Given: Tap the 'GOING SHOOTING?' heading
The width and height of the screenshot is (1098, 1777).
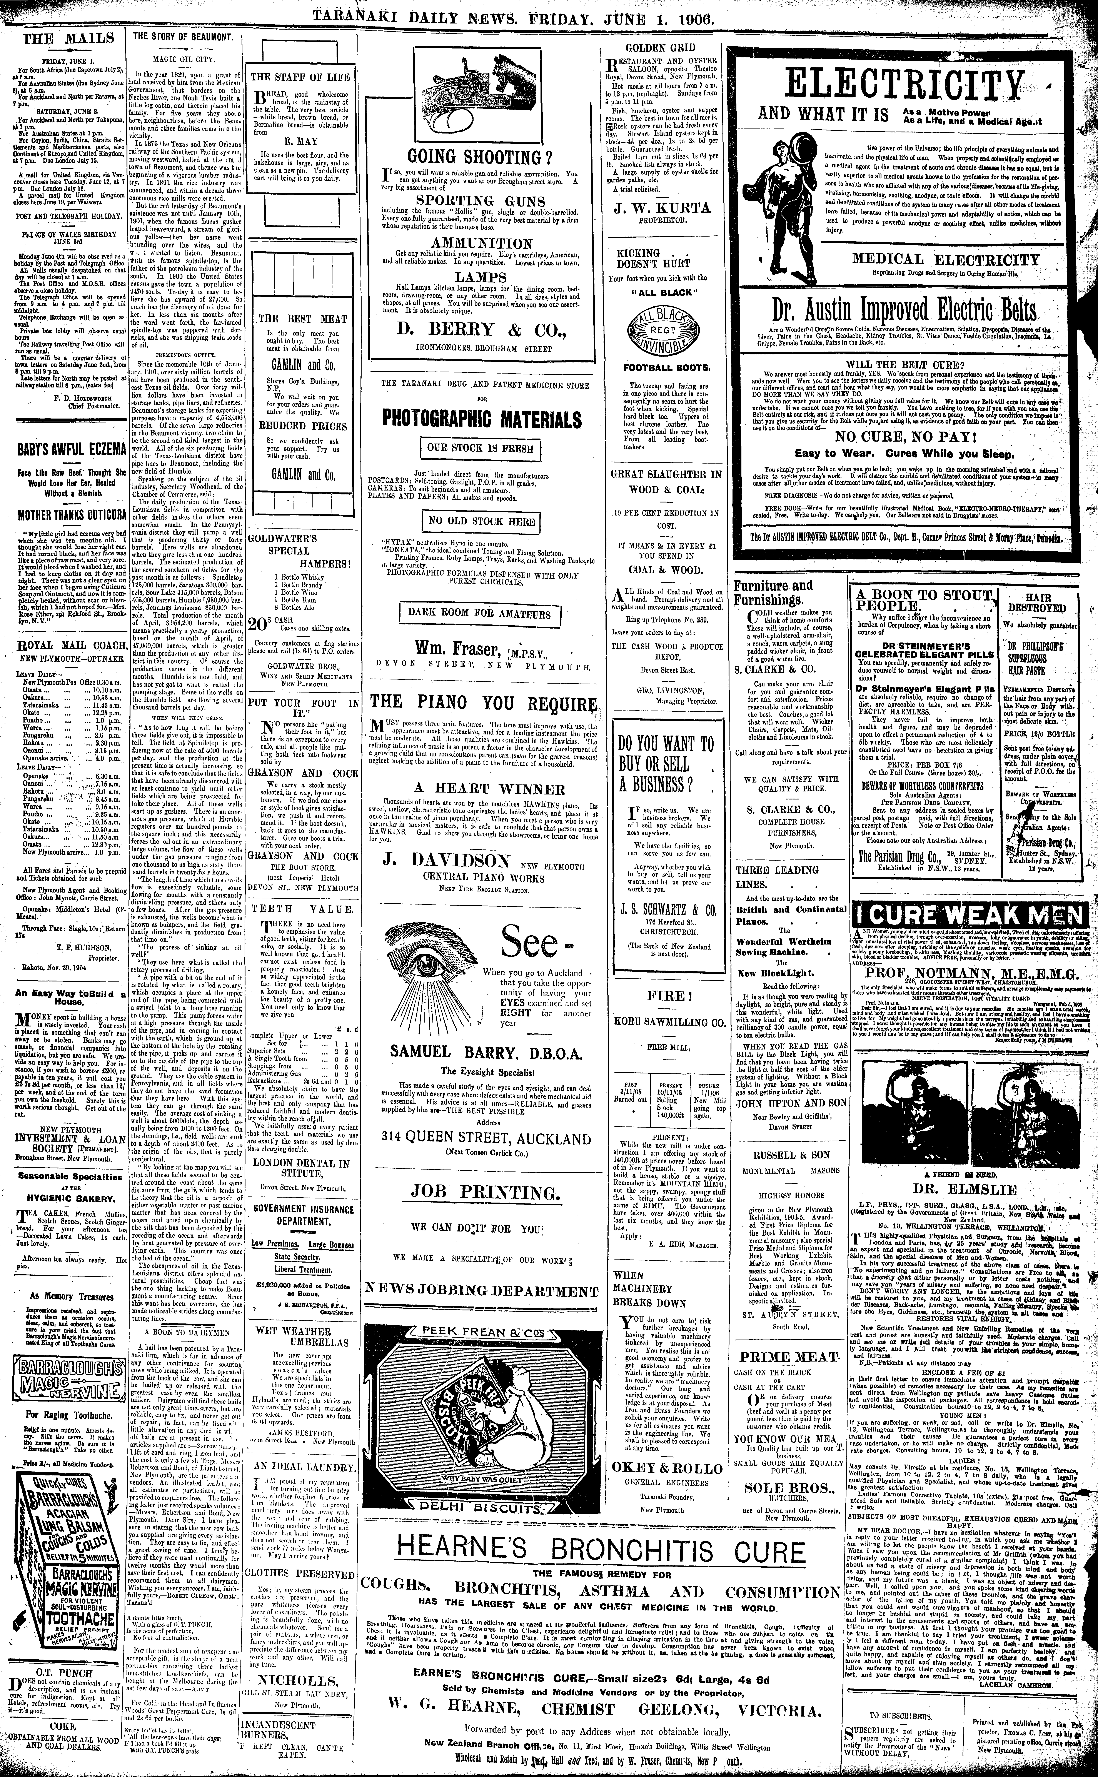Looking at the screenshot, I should point(477,158).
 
